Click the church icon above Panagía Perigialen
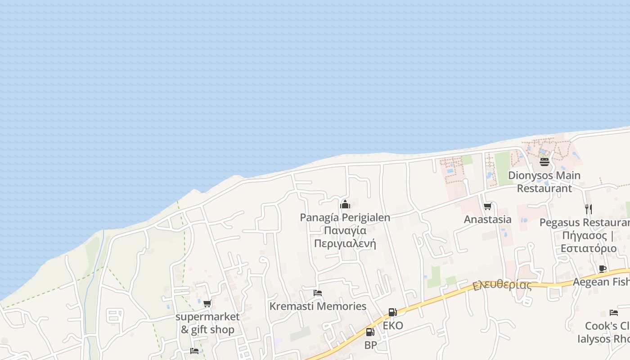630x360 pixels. (x=345, y=204)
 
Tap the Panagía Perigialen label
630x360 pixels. (x=345, y=217)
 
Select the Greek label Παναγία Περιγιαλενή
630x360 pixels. (x=345, y=237)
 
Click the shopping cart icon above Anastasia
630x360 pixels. (x=487, y=207)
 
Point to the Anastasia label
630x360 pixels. (x=487, y=220)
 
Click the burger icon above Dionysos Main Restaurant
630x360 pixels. (x=544, y=162)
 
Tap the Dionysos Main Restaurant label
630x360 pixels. (x=544, y=181)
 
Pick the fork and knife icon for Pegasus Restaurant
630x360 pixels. (x=588, y=209)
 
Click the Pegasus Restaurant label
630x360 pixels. (x=585, y=223)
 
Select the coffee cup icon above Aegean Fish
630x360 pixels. (x=603, y=269)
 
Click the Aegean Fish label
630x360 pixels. (x=601, y=282)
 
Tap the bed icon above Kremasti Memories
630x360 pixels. (x=318, y=293)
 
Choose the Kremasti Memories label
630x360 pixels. (x=318, y=306)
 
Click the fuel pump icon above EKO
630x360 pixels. (x=392, y=312)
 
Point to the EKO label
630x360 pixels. (x=393, y=326)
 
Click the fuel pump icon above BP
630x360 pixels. (x=370, y=332)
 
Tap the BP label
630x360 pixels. (x=370, y=345)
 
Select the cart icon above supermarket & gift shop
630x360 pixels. (x=207, y=304)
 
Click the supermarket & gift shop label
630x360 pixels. (x=207, y=323)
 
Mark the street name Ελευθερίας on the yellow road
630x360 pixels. (x=502, y=285)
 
